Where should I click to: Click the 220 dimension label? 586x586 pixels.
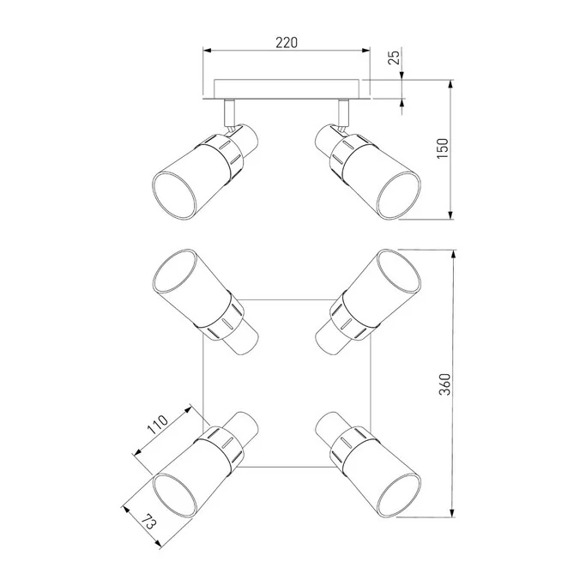[287, 43]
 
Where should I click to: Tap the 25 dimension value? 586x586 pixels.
[394, 57]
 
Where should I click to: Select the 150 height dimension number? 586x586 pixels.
[443, 148]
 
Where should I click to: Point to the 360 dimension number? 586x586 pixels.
[444, 384]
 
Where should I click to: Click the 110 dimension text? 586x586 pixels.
[157, 425]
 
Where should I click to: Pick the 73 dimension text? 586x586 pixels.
[148, 522]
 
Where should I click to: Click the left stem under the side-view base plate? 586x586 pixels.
[229, 113]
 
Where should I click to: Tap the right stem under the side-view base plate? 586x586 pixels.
[343, 113]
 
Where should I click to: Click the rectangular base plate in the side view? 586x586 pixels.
[287, 89]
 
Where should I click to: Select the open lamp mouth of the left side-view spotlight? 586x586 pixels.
[174, 196]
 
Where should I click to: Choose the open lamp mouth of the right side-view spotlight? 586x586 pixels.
[399, 196]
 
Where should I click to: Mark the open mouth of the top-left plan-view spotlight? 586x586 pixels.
[174, 272]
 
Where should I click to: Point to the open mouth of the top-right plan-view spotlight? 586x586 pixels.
[399, 272]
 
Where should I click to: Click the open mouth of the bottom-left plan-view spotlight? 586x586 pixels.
[174, 495]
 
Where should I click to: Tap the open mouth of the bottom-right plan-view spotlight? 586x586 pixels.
[399, 495]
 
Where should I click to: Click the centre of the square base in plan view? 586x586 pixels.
[287, 384]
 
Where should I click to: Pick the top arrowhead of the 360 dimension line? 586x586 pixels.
[453, 254]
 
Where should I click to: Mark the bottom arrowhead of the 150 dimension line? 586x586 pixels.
[450, 214]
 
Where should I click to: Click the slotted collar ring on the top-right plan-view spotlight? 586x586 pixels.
[348, 317]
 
